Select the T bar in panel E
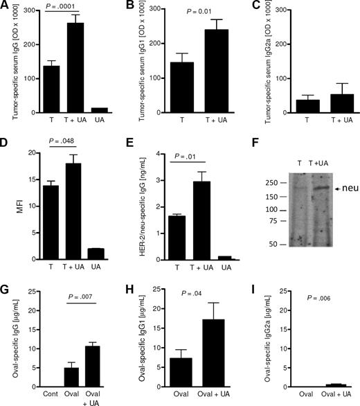(159, 226)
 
